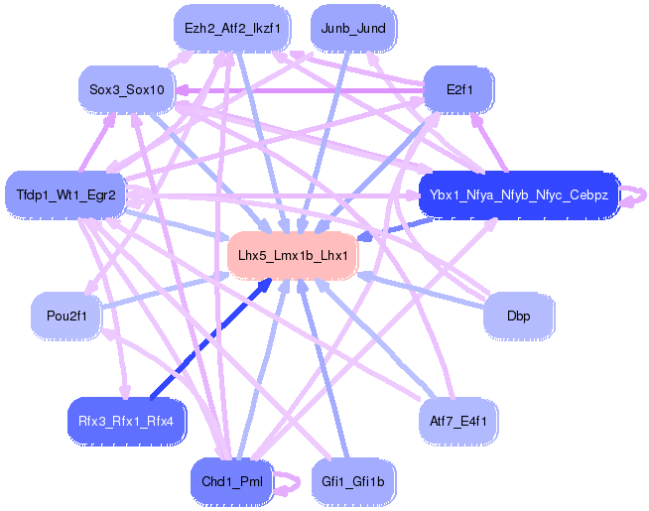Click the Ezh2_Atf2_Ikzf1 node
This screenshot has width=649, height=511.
click(232, 29)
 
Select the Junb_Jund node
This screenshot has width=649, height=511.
click(353, 29)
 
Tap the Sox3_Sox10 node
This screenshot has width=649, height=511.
click(127, 89)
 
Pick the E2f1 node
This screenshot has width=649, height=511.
click(459, 89)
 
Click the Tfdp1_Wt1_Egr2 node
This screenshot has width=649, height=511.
click(65, 194)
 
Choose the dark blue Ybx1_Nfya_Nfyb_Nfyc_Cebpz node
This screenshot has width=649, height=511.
click(519, 194)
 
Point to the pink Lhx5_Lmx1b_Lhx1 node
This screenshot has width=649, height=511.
click(293, 255)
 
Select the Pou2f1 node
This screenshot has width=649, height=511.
click(66, 317)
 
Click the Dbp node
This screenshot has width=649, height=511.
click(519, 317)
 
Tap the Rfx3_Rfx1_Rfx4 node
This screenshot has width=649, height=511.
click(126, 422)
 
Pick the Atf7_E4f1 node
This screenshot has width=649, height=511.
click(458, 422)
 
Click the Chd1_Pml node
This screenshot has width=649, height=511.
click(232, 481)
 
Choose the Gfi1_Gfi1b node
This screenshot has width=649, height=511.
click(353, 481)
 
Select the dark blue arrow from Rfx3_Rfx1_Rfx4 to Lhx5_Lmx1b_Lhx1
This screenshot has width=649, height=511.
click(211, 338)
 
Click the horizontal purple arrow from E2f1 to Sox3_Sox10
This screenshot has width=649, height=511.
click(300, 90)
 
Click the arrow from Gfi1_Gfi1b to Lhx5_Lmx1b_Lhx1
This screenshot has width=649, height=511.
click(324, 369)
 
